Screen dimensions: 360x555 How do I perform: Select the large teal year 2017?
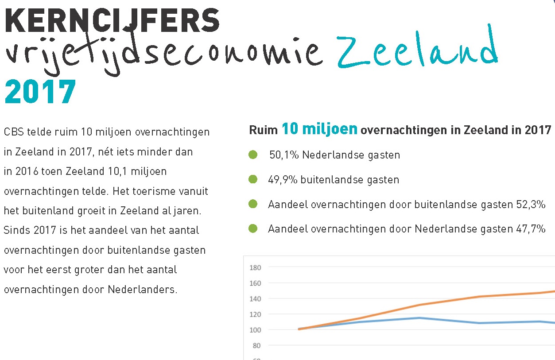pyautogui.click(x=40, y=92)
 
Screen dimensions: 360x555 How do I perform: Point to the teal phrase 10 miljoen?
pyautogui.click(x=319, y=129)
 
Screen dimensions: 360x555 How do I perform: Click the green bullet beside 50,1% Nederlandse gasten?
pyautogui.click(x=253, y=155)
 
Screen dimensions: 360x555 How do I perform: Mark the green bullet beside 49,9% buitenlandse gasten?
pyautogui.click(x=253, y=179)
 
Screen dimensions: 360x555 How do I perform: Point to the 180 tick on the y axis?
pyautogui.click(x=256, y=267)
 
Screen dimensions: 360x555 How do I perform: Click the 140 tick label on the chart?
pyautogui.click(x=256, y=299)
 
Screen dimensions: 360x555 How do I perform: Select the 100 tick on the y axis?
pyautogui.click(x=256, y=330)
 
